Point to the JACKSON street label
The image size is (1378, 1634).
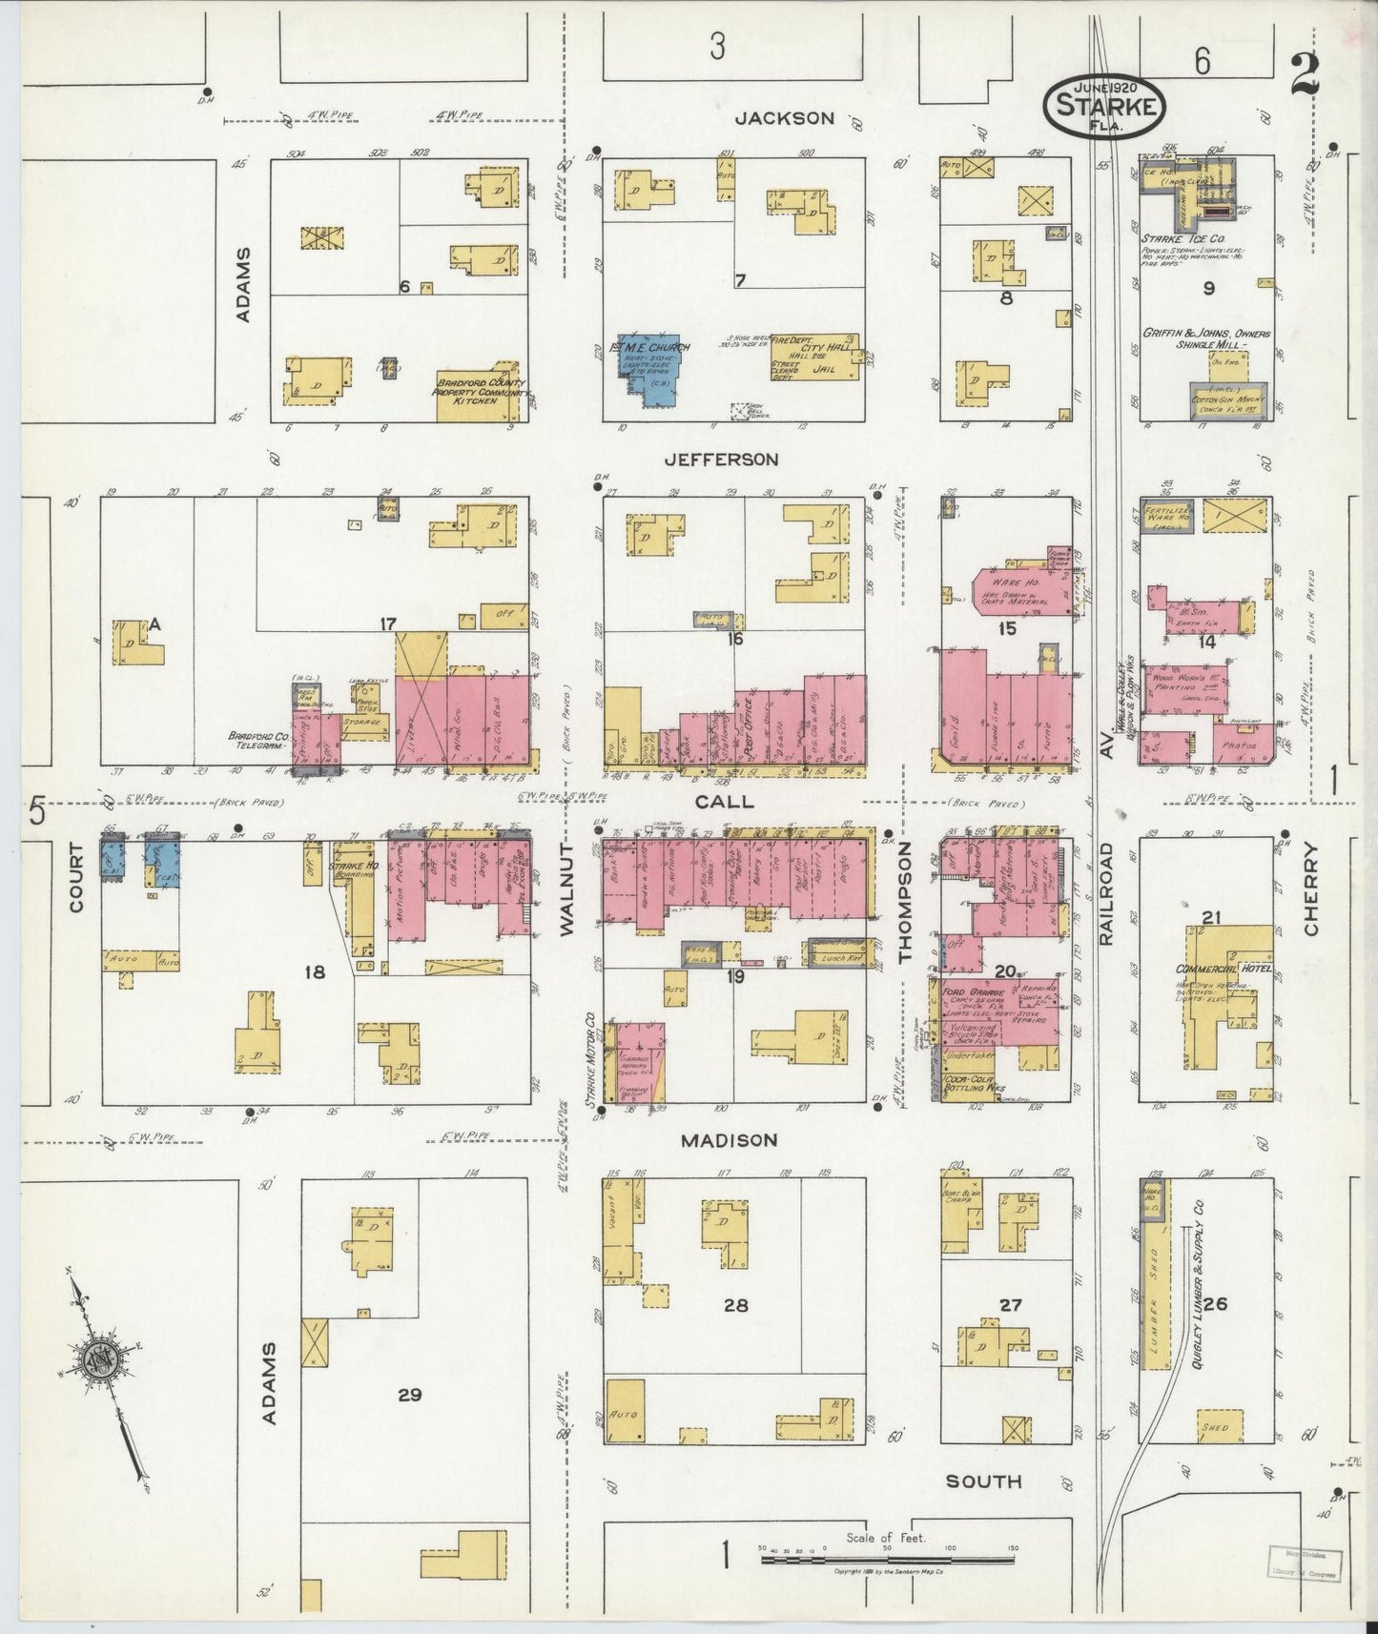(x=785, y=118)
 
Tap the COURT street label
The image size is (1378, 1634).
(x=76, y=878)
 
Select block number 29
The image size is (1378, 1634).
(x=409, y=1395)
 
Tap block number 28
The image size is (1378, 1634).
(x=735, y=1305)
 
